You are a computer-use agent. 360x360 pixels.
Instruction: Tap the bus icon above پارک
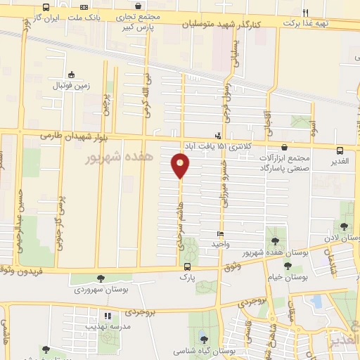[187, 266]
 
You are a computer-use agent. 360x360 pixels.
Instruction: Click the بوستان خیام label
[288, 276]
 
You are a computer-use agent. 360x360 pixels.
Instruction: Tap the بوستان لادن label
[342, 238]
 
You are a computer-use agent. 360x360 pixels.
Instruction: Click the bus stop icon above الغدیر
[340, 150]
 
